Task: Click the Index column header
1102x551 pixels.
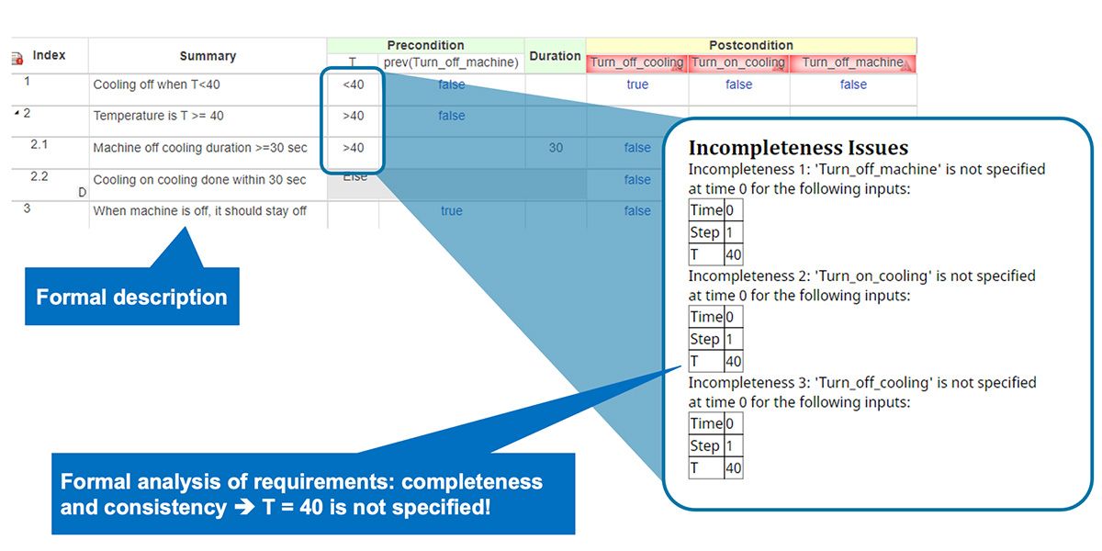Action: tap(49, 55)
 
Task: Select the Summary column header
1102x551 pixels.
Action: tap(208, 56)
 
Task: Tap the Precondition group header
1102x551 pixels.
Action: tap(425, 45)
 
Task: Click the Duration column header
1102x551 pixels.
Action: tap(555, 56)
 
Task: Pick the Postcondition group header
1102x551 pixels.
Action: tap(750, 45)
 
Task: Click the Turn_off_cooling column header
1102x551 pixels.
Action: tap(636, 62)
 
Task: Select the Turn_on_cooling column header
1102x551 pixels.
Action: tap(738, 62)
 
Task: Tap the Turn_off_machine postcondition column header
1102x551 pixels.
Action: tap(853, 62)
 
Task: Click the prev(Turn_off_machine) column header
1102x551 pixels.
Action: tap(452, 62)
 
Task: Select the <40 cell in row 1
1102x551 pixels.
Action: tap(353, 84)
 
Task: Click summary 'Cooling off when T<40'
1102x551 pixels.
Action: tap(156, 84)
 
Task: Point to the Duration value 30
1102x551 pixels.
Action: tap(556, 148)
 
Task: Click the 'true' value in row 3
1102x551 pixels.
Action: tap(452, 211)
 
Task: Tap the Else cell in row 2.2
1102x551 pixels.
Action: tap(354, 176)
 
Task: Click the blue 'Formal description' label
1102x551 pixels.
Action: tap(131, 298)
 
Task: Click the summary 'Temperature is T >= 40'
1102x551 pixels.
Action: tap(158, 116)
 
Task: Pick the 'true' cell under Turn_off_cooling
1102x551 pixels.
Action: tap(637, 84)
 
